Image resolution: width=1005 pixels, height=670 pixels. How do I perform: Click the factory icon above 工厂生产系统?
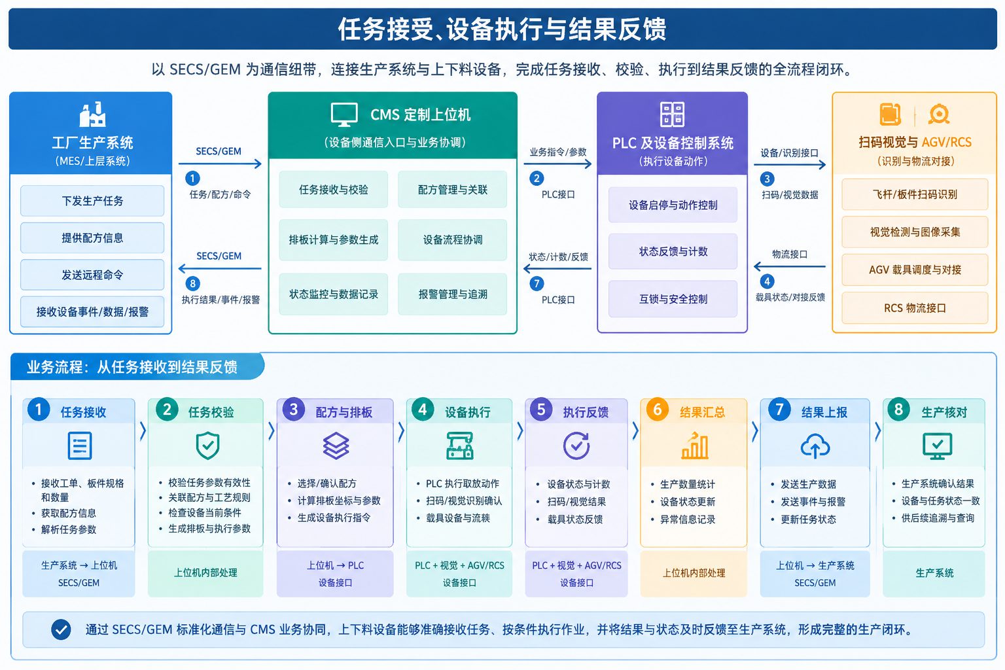pyautogui.click(x=92, y=115)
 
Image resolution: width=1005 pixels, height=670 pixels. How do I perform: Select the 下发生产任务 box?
pyautogui.click(x=92, y=201)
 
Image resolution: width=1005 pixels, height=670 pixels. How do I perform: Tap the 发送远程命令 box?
pyautogui.click(x=92, y=275)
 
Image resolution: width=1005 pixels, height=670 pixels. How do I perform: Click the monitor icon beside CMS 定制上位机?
pyautogui.click(x=344, y=115)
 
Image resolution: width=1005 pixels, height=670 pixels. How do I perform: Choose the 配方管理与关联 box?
pyautogui.click(x=452, y=189)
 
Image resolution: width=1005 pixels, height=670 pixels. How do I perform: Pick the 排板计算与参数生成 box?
pyautogui.click(x=333, y=239)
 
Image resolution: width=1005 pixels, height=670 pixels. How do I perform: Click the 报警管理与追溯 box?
pyautogui.click(x=452, y=294)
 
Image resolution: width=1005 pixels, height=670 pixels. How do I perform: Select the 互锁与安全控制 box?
pyautogui.click(x=673, y=299)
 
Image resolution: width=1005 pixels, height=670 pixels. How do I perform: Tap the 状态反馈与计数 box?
pyautogui.click(x=673, y=251)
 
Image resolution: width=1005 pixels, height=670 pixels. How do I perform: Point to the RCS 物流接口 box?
pyautogui.click(x=915, y=308)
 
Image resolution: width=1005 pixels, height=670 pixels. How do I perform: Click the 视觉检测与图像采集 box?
pyautogui.click(x=915, y=232)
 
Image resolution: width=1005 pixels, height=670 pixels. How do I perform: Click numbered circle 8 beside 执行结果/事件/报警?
pyautogui.click(x=193, y=283)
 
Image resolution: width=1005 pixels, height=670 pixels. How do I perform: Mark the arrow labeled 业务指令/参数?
pyautogui.click(x=557, y=164)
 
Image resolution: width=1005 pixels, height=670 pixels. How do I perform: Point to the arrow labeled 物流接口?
pyautogui.click(x=790, y=266)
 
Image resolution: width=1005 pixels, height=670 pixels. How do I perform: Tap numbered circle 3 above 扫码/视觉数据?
pyautogui.click(x=767, y=179)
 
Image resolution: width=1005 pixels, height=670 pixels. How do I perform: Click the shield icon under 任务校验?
pyautogui.click(x=207, y=445)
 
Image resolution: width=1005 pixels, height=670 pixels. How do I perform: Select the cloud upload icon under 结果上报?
pyautogui.click(x=815, y=446)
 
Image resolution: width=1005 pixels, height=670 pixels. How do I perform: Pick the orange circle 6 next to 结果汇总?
pyautogui.click(x=658, y=410)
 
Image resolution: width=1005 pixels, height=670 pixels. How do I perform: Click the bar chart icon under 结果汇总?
pyautogui.click(x=694, y=445)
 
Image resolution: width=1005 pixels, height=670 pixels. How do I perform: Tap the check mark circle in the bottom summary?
pyautogui.click(x=61, y=629)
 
